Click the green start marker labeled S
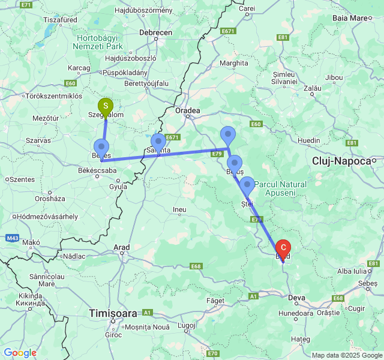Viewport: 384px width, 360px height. point(106,107)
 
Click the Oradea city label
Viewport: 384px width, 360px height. point(187,111)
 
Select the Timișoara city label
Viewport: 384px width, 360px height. point(113,313)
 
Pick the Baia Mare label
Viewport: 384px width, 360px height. point(350,18)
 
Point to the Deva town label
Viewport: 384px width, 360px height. point(297,296)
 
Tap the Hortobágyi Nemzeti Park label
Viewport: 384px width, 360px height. point(98,41)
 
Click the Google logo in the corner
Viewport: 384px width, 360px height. point(20,353)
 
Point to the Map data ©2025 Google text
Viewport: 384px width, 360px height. point(346,355)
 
